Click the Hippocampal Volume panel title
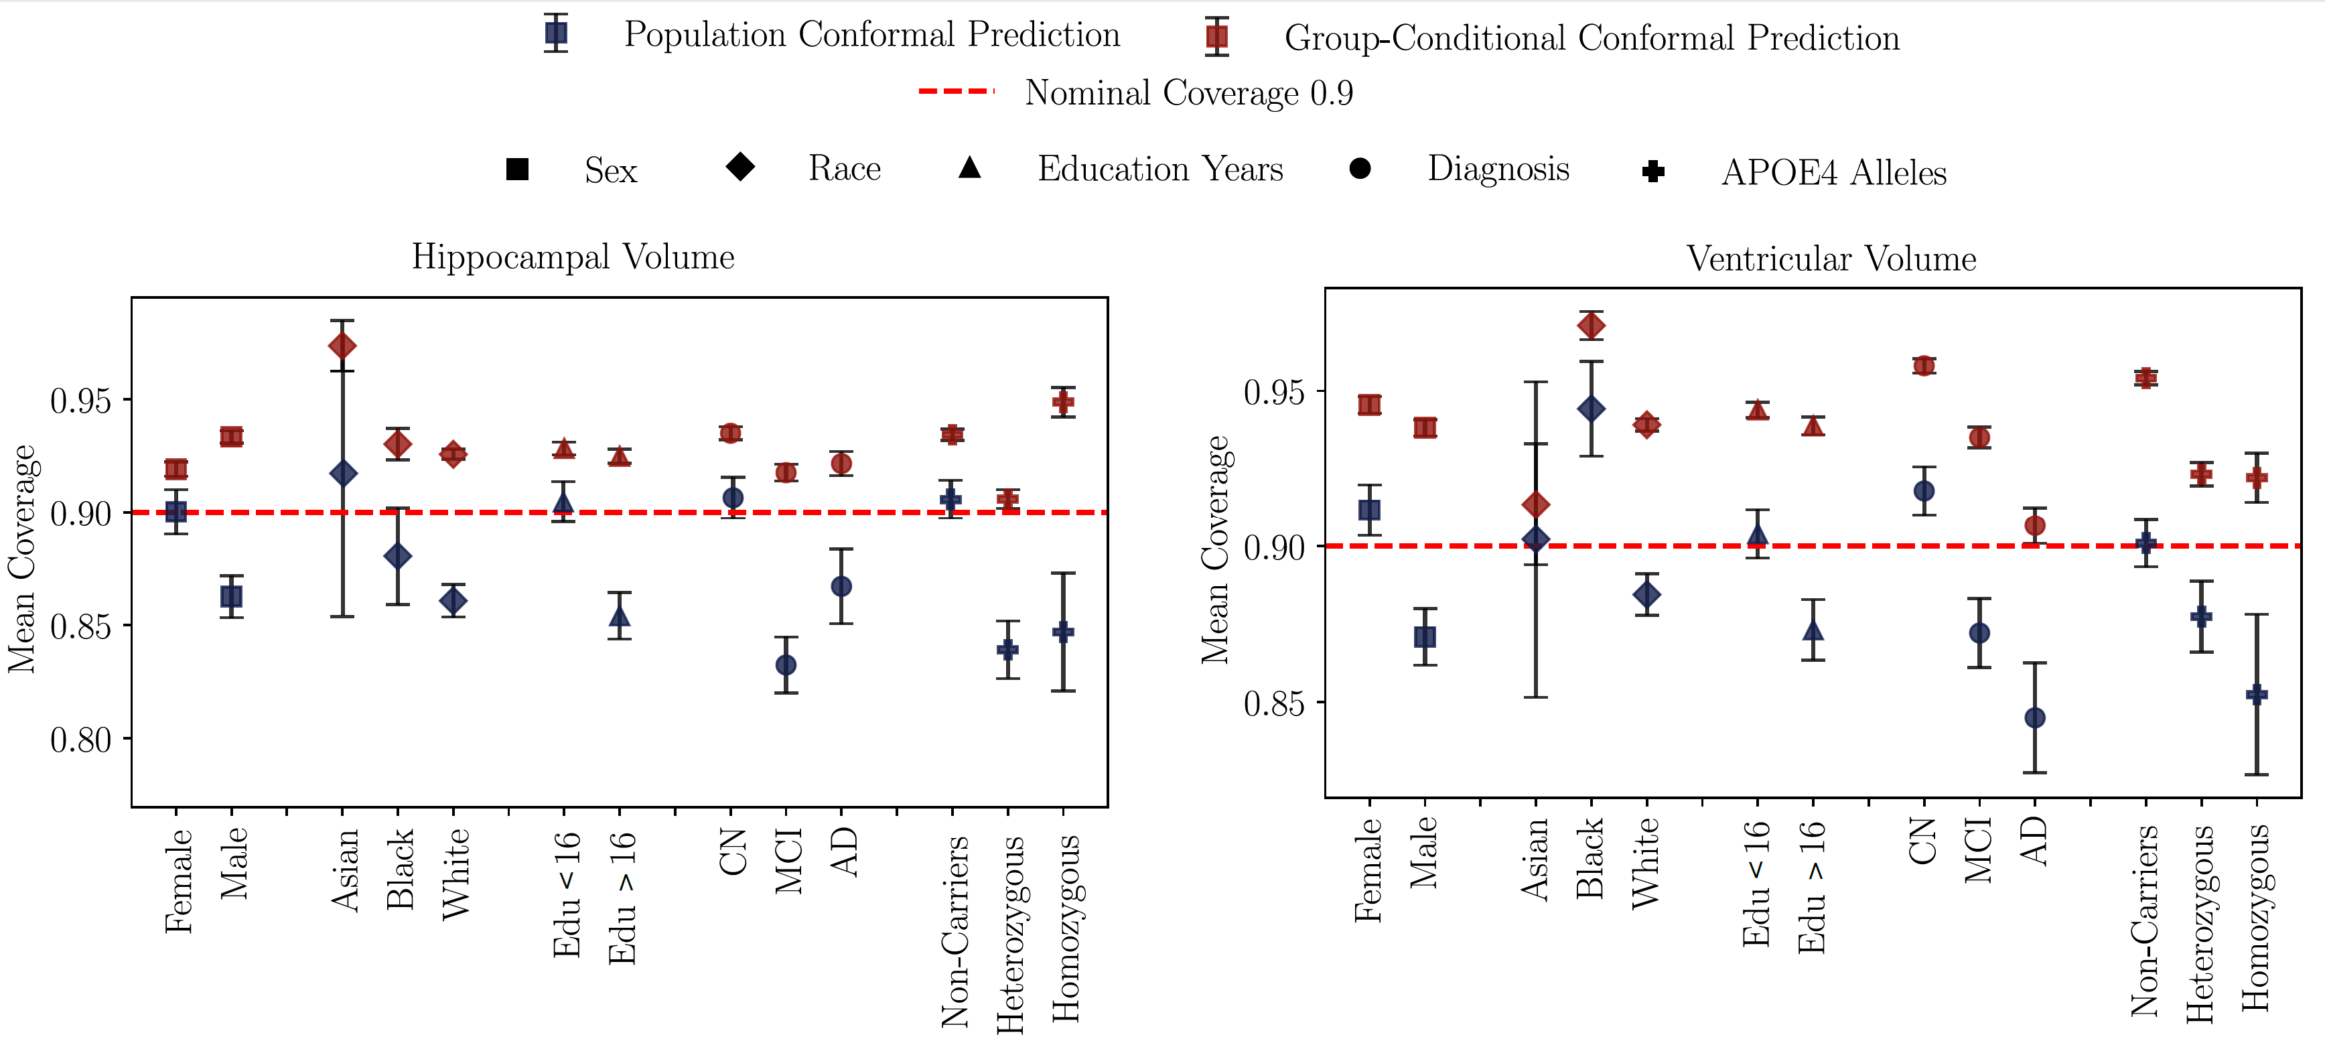(x=573, y=257)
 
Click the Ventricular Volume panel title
(x=1831, y=259)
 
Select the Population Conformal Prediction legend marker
(x=556, y=33)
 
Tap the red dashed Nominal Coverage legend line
(x=956, y=91)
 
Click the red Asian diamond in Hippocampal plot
(x=342, y=346)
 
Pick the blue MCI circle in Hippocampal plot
(x=786, y=665)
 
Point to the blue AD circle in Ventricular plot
(x=2034, y=717)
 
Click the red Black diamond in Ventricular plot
(x=1592, y=326)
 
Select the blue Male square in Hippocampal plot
(x=231, y=597)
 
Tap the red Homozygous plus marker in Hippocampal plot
(x=1063, y=402)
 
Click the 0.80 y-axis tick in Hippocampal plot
(x=80, y=740)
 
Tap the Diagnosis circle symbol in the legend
(x=1360, y=169)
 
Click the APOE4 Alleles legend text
(x=1833, y=172)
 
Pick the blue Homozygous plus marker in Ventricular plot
(x=2257, y=694)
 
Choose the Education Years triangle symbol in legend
(x=969, y=168)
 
